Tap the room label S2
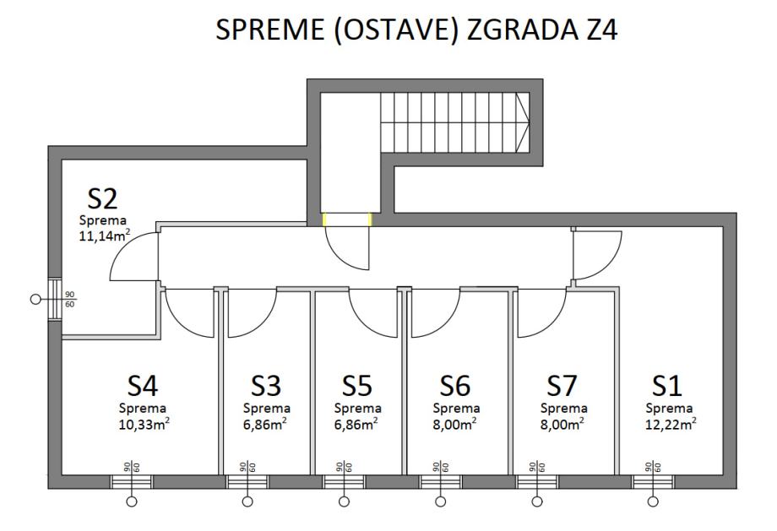coord(102,199)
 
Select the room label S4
coord(142,386)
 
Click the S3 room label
coord(265,386)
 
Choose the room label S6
coord(454,386)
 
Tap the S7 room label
coord(562,386)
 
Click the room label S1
coord(666,386)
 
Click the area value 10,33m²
coord(142,423)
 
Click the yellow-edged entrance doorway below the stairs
coord(347,219)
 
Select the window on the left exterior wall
coord(55,299)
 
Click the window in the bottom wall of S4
coord(132,481)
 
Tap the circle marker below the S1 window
coord(653,502)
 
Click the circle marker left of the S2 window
coord(35,299)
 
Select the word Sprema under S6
coord(454,409)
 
